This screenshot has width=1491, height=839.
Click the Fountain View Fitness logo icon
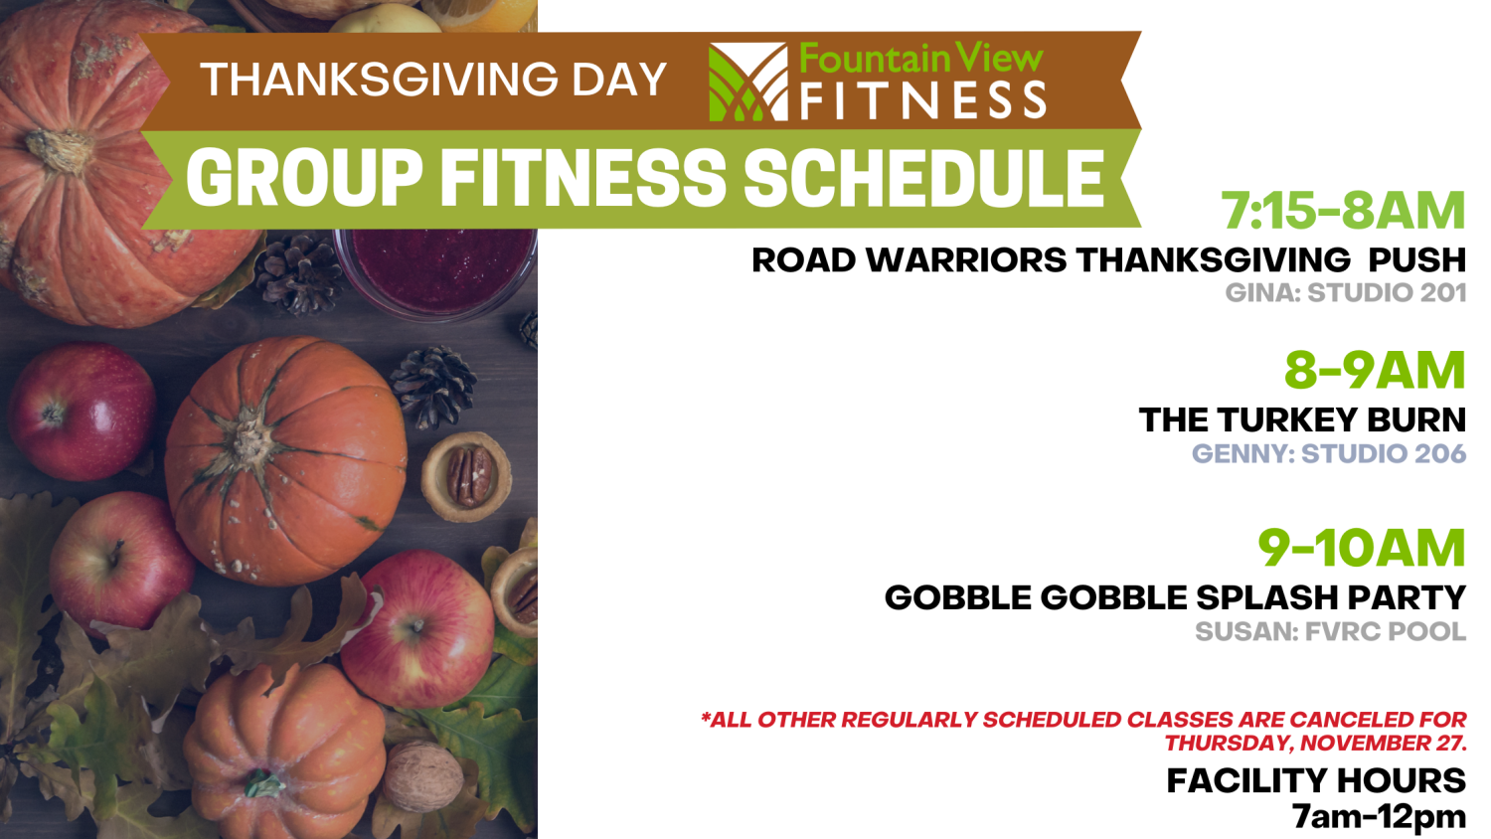pyautogui.click(x=748, y=82)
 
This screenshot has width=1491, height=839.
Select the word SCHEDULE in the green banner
pyautogui.click(x=923, y=178)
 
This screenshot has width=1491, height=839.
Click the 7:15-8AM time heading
pyautogui.click(x=1343, y=211)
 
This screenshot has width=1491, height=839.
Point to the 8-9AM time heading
pyautogui.click(x=1375, y=370)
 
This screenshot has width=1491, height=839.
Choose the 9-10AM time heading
pyautogui.click(x=1362, y=548)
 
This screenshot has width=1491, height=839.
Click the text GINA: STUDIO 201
pyautogui.click(x=1346, y=293)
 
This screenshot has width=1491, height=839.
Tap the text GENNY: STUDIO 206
pyautogui.click(x=1329, y=453)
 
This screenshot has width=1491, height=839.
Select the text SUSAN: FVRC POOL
pyautogui.click(x=1331, y=631)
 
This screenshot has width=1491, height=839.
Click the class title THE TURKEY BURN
pyautogui.click(x=1302, y=419)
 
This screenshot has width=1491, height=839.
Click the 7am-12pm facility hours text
pyautogui.click(x=1380, y=816)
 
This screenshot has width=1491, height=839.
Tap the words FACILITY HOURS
pyautogui.click(x=1317, y=780)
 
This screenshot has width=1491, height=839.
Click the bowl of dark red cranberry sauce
pyautogui.click(x=436, y=273)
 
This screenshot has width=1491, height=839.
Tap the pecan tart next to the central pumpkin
pyautogui.click(x=466, y=477)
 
